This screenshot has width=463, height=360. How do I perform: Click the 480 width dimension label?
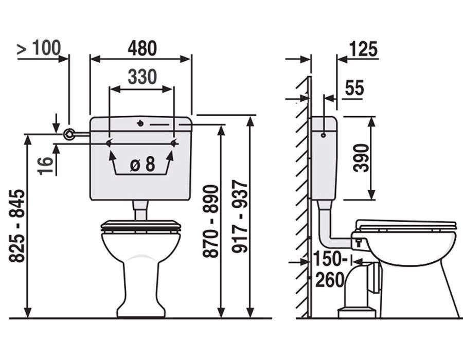(x=142, y=48)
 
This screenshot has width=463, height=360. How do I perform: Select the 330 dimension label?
(x=142, y=77)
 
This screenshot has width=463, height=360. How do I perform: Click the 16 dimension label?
(x=45, y=166)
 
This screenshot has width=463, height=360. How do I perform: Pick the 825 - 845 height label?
(x=16, y=226)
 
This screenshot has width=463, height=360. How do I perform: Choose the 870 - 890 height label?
(x=211, y=221)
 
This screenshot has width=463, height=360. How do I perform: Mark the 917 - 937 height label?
(x=239, y=217)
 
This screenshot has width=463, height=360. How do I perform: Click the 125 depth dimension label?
(x=363, y=49)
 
